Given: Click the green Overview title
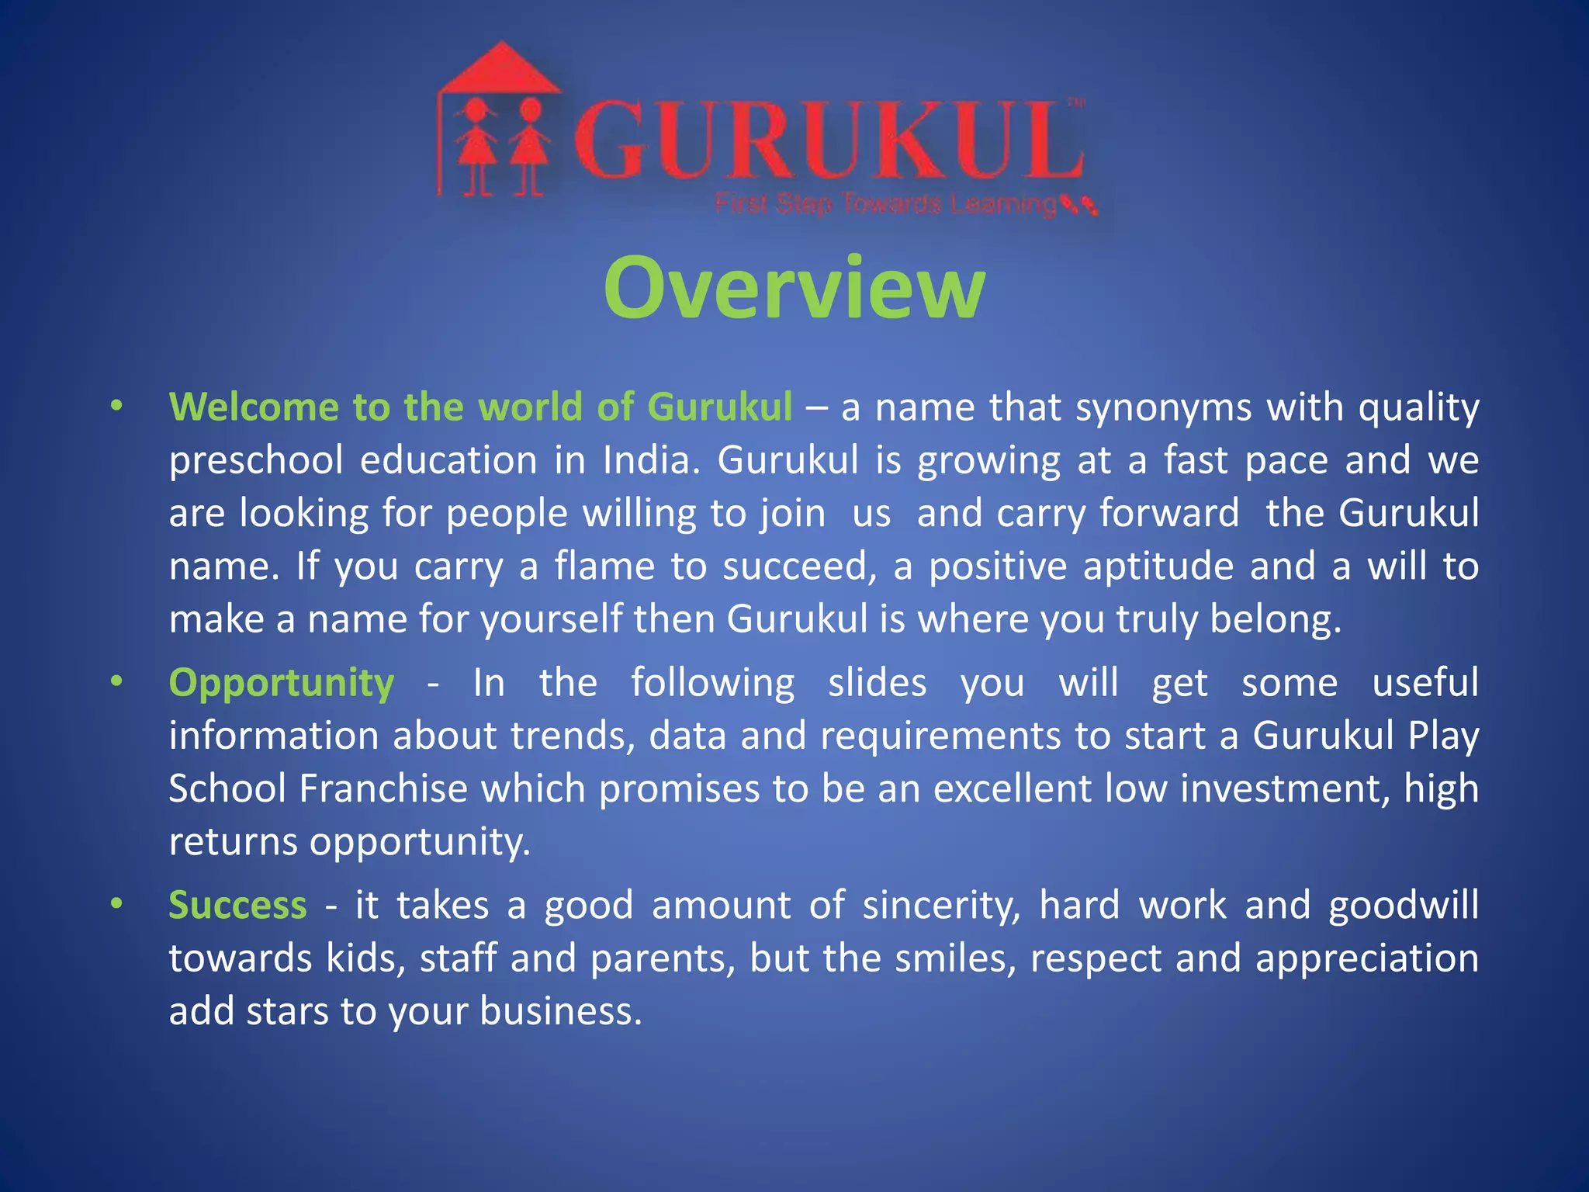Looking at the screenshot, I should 794,289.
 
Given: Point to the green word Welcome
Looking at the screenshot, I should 254,407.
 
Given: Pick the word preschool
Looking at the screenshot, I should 256,461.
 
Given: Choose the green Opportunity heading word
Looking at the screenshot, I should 282,684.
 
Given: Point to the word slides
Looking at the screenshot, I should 877,683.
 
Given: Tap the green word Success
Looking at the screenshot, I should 237,905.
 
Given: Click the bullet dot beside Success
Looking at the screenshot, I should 116,903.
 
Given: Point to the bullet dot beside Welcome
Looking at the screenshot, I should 116,405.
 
